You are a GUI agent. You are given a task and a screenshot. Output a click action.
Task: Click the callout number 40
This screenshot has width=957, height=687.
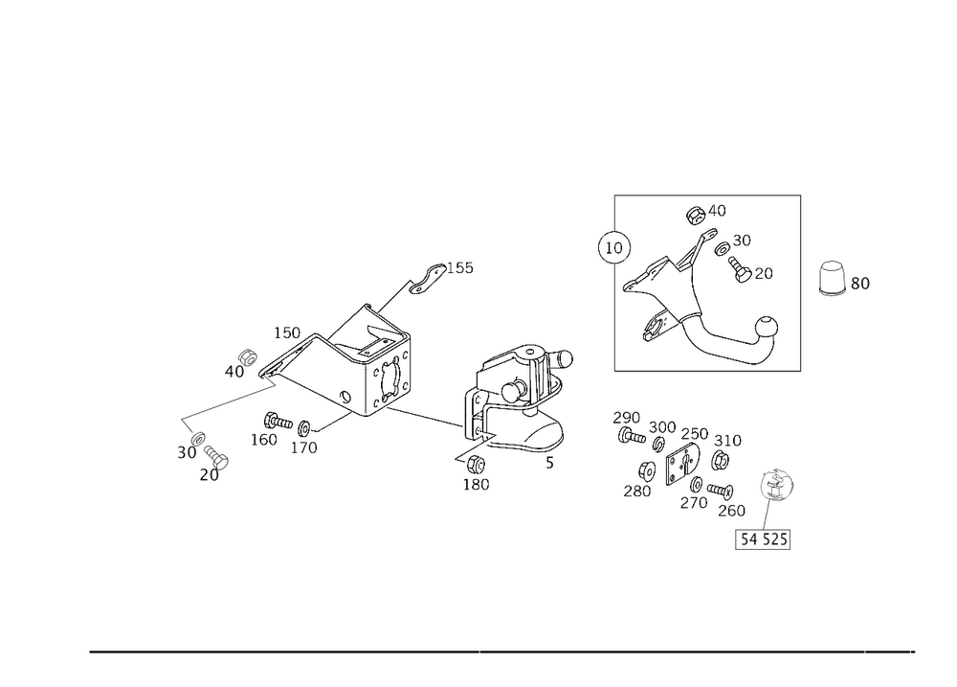pyautogui.click(x=234, y=371)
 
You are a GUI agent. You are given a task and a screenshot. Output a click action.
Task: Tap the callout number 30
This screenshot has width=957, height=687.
pyautogui.click(x=187, y=452)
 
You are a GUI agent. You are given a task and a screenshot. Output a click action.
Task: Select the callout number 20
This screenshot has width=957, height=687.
pyautogui.click(x=210, y=475)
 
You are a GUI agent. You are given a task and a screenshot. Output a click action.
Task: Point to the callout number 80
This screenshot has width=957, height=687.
pyautogui.click(x=859, y=284)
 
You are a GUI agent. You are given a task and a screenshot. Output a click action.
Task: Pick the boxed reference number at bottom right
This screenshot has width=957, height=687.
pyautogui.click(x=764, y=541)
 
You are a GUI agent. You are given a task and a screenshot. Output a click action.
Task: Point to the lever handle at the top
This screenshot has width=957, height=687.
pyautogui.click(x=427, y=275)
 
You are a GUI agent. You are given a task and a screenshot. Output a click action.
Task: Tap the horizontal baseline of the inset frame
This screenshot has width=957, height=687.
pyautogui.click(x=708, y=372)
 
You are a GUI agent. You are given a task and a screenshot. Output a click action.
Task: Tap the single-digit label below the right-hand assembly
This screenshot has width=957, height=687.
pyautogui.click(x=549, y=464)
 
